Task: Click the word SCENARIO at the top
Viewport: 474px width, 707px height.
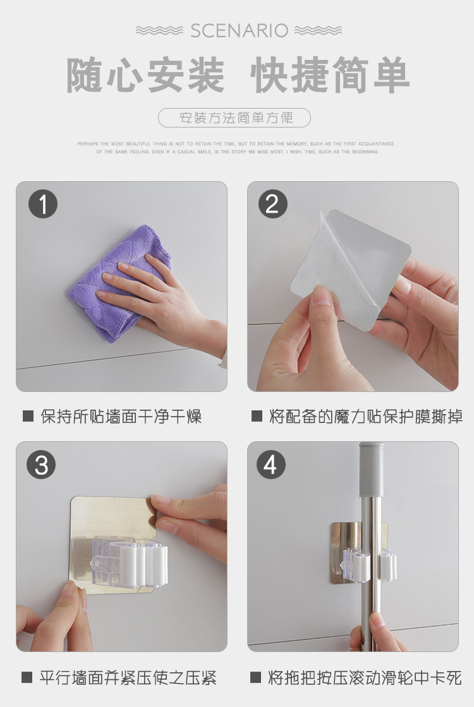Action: pos(239,31)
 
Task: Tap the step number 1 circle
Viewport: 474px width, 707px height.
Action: pos(43,204)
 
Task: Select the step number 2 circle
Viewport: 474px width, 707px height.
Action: pos(272,204)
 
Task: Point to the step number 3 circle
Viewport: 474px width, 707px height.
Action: pos(41,465)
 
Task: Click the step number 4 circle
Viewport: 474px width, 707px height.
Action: pos(271,465)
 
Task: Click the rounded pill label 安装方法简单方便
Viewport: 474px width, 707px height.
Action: pos(234,117)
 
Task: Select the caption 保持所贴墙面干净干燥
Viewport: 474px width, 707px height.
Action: pos(121,416)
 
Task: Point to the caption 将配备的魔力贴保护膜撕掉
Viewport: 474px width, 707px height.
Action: pos(366,416)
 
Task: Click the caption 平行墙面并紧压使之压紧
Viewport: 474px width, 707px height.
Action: pos(128,678)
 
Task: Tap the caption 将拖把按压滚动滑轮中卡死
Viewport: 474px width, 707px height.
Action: pos(365,678)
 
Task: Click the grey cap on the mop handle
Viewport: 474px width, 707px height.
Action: pos(372,470)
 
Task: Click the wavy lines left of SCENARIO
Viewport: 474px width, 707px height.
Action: pos(159,31)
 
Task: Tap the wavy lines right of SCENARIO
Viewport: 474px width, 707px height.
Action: pos(319,31)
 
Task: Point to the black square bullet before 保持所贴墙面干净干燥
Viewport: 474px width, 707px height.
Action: pos(28,416)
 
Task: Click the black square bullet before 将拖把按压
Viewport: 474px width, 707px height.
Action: pos(255,677)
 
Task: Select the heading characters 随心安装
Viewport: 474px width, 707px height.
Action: pos(145,75)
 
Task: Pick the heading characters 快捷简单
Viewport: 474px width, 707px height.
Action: pos(330,75)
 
